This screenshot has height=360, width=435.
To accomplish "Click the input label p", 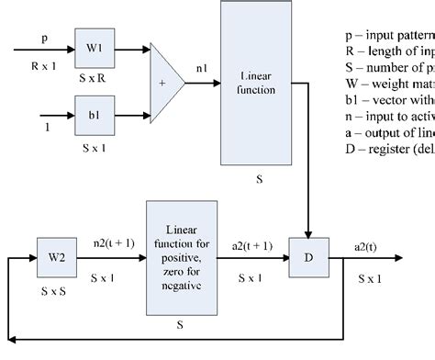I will tap(43, 39).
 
